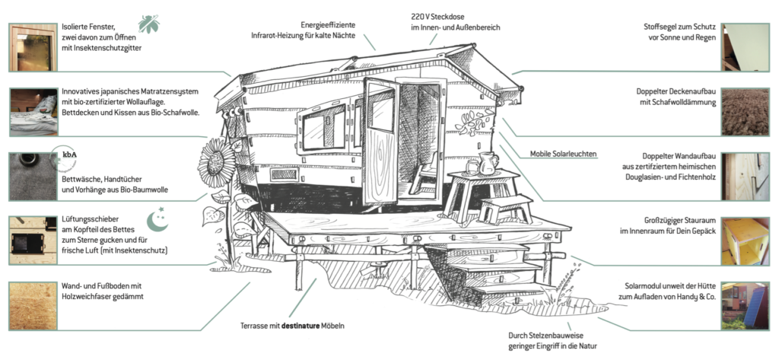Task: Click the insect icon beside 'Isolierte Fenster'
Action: [x=150, y=24]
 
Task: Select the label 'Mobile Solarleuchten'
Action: [x=564, y=155]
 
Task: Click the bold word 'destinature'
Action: [x=304, y=326]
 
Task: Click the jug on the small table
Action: [x=488, y=162]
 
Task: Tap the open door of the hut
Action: [x=380, y=141]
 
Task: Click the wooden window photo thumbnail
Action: [x=32, y=46]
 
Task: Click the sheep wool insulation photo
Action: [x=745, y=111]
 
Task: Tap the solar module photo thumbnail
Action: [x=745, y=306]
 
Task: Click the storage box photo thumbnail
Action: [x=745, y=241]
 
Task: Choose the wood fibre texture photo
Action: [x=32, y=306]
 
